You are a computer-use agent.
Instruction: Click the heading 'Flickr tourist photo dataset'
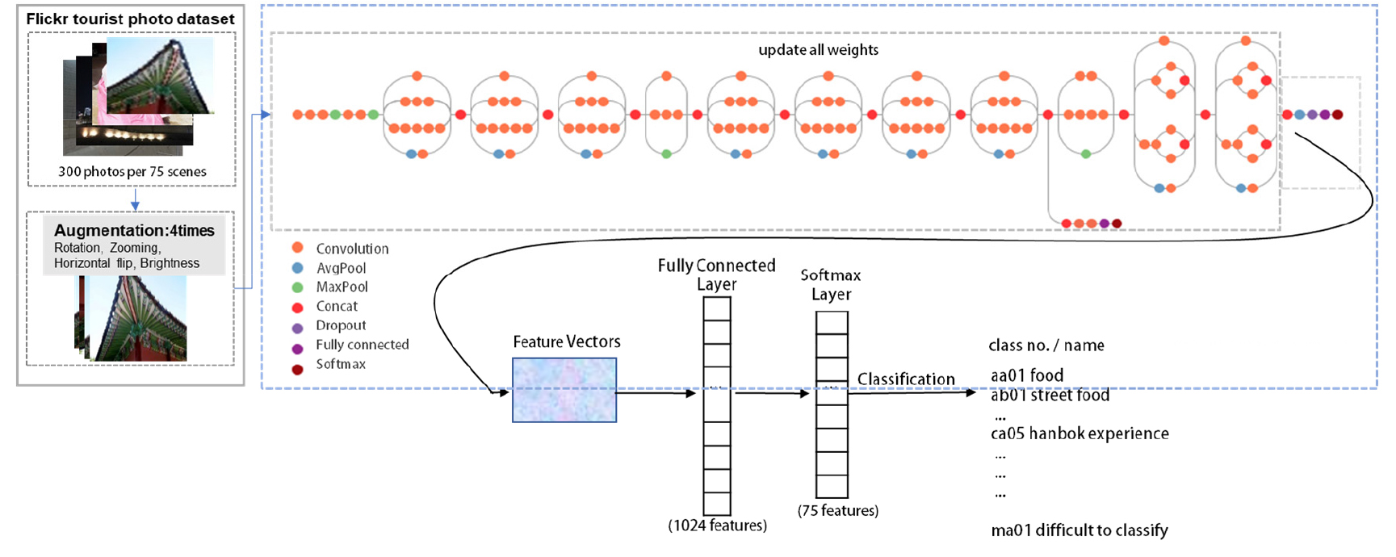click(x=130, y=19)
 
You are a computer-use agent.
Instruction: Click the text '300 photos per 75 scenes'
click(x=132, y=171)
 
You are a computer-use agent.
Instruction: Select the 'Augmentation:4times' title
click(x=134, y=230)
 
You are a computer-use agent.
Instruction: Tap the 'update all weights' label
click(x=818, y=49)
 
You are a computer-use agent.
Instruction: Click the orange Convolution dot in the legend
click(x=297, y=248)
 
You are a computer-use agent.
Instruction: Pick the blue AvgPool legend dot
click(x=297, y=267)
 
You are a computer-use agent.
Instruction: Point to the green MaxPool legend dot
click(x=297, y=287)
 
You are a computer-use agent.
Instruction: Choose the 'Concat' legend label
click(x=337, y=306)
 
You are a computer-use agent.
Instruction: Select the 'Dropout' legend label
click(x=341, y=325)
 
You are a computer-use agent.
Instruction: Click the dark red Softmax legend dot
click(x=297, y=369)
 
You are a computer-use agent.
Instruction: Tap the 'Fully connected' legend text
click(x=362, y=345)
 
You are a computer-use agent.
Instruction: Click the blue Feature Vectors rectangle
click(x=564, y=390)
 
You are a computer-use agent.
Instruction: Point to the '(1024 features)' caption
click(x=717, y=526)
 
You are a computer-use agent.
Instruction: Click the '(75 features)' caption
click(x=838, y=510)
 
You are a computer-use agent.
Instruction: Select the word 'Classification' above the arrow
click(x=906, y=379)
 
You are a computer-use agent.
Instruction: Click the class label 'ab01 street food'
click(x=1050, y=396)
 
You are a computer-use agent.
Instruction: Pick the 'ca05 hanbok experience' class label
click(x=1079, y=433)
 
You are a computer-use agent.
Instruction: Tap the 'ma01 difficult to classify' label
click(x=1079, y=530)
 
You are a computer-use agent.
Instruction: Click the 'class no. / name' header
click(x=1046, y=346)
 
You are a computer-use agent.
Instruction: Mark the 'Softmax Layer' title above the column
click(x=831, y=284)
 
